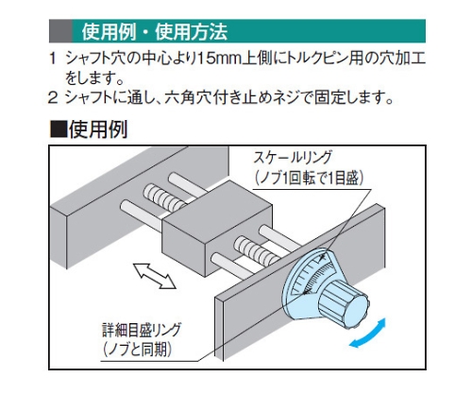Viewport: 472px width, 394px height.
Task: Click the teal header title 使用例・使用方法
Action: [x=154, y=32]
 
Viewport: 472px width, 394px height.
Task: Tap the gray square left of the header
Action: [x=60, y=31]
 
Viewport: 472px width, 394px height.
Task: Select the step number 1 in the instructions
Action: [x=53, y=59]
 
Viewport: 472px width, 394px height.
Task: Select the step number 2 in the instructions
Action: [x=53, y=97]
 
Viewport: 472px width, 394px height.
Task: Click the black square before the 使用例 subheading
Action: [x=59, y=129]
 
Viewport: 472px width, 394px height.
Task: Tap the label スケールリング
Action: [x=294, y=158]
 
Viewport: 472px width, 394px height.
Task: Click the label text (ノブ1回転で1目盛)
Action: [x=309, y=179]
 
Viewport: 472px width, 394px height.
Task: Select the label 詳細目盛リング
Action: [x=142, y=330]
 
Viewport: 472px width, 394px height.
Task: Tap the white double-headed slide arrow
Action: [x=155, y=276]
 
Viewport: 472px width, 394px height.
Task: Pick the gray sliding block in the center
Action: [x=217, y=227]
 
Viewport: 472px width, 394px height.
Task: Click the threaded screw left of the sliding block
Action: [x=163, y=197]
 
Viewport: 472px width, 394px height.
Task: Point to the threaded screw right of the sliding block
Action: [x=257, y=250]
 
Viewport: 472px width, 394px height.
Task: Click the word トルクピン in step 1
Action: [x=318, y=59]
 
